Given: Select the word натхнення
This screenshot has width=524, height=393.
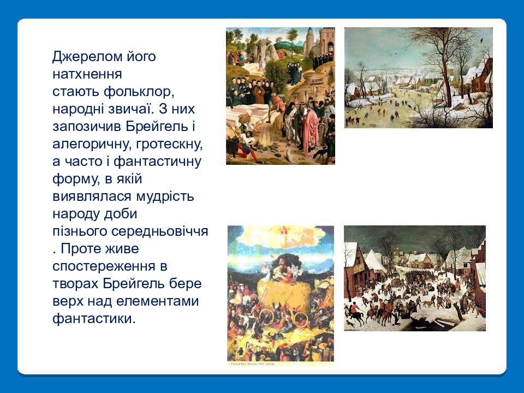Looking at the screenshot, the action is point(87,74).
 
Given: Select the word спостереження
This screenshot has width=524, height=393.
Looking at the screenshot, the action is point(104,266).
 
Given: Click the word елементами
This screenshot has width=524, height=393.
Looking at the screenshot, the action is point(157,301).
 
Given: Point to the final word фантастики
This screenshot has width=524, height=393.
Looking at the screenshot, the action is point(94,319).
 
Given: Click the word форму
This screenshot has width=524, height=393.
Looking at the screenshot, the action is point(76,179).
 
